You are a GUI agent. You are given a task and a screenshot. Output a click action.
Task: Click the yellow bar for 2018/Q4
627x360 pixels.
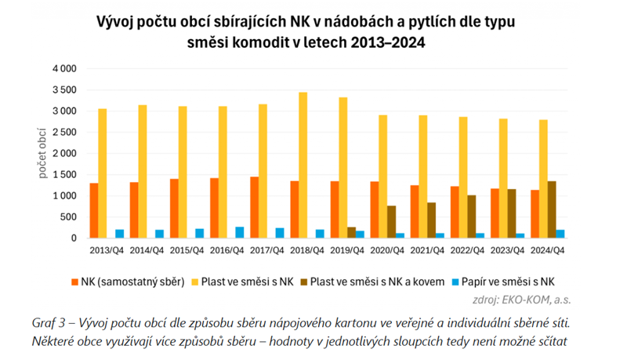pos(303,165)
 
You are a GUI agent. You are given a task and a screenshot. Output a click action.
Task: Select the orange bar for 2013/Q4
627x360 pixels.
pos(94,210)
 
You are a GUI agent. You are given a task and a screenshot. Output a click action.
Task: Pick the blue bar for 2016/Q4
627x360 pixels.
pos(239,232)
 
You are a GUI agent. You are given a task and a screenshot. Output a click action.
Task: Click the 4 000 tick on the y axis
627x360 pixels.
pos(64,69)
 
